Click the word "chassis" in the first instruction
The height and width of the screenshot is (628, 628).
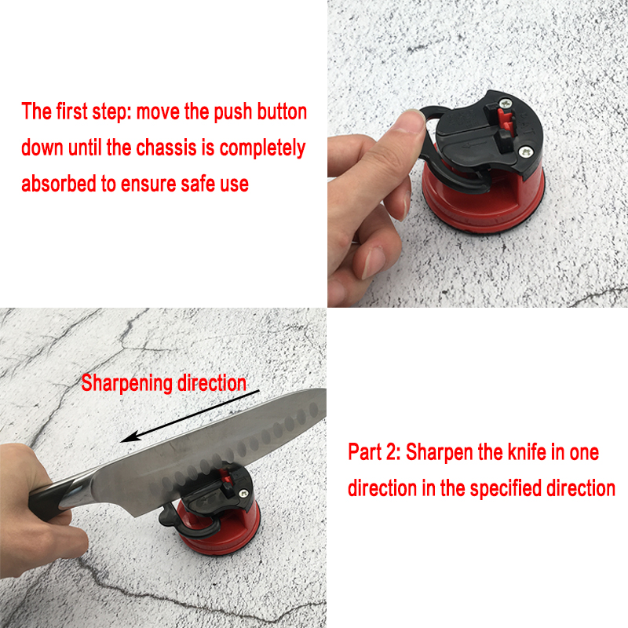pos(166,148)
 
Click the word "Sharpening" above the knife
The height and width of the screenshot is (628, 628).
pos(127,384)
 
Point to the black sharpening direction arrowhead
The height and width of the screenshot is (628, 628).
pos(130,436)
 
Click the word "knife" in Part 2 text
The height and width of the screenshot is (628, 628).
pos(527,452)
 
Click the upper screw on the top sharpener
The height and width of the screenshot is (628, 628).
pos(506,103)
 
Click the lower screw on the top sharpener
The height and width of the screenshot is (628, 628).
pos(525,152)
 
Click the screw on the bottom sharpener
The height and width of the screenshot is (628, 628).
pos(243,494)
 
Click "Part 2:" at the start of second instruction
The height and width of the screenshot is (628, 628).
pos(374,452)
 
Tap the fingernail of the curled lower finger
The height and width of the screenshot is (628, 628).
pos(374,261)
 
